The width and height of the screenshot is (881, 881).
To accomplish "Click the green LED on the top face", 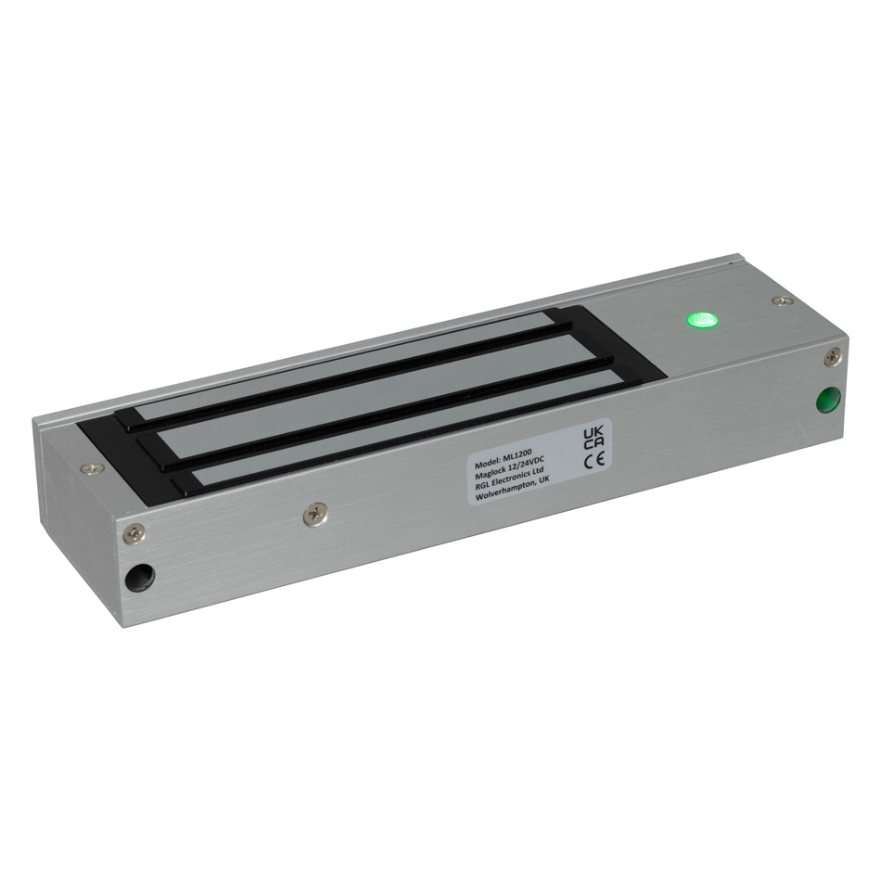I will coord(702,321).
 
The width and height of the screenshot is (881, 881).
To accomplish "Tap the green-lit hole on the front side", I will coord(826,401).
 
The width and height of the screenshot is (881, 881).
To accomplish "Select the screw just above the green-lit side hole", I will coord(834,354).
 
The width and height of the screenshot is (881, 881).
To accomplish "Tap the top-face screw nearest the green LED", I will coord(783,300).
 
